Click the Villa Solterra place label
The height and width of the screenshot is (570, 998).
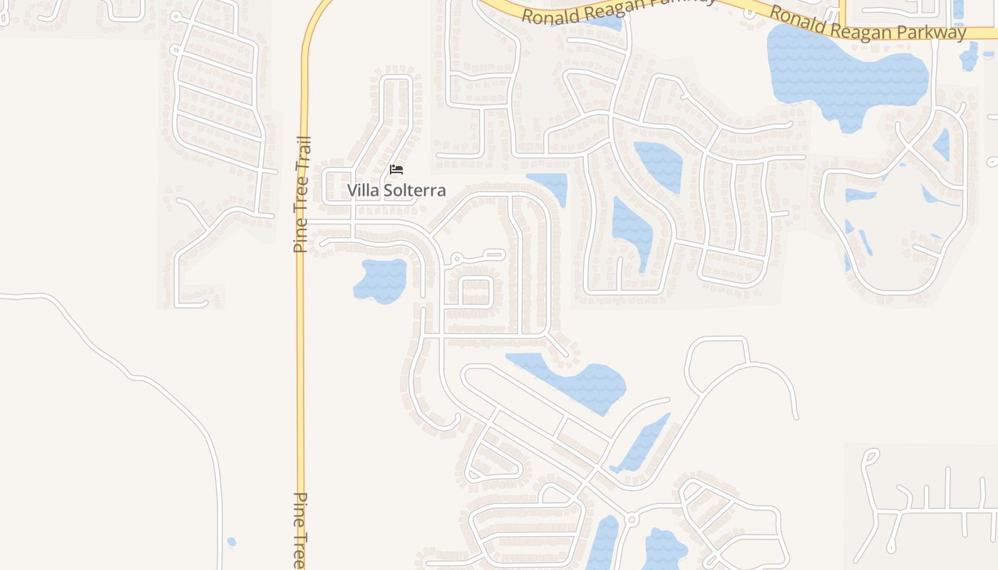pos(396,190)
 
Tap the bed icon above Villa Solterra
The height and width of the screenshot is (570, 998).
pos(396,170)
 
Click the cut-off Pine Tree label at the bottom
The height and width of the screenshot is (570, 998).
pos(300,531)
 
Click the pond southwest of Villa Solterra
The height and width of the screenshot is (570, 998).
pos(381,279)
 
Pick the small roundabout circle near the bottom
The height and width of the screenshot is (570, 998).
pos(631,521)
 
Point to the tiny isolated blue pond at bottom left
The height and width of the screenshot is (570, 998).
pos(231,542)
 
